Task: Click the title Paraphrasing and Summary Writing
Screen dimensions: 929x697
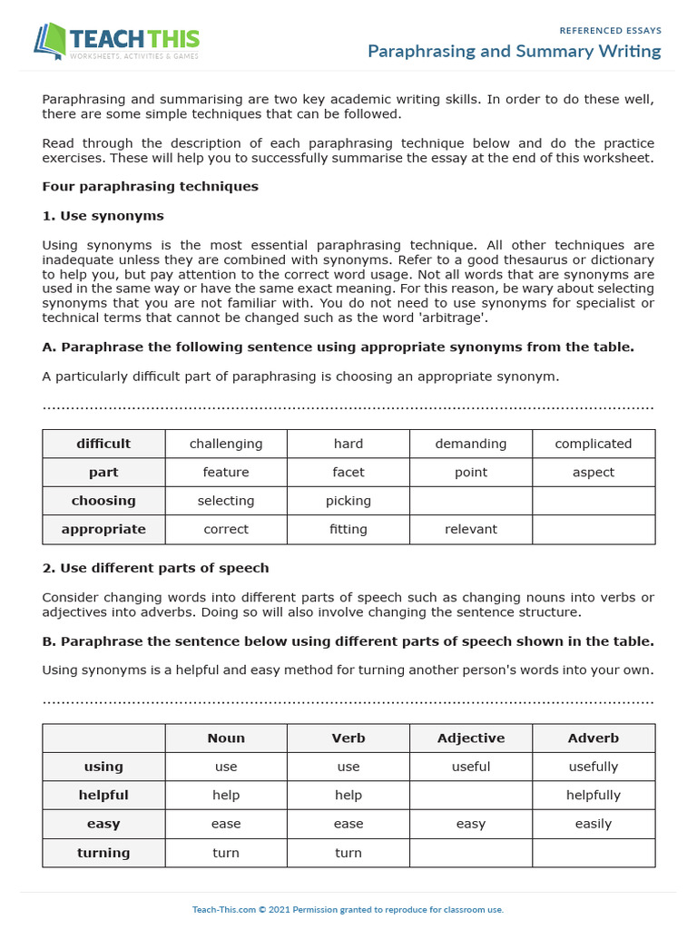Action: point(514,51)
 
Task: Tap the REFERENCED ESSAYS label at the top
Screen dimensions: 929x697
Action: point(610,30)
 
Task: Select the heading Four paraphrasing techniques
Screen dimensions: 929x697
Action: point(150,186)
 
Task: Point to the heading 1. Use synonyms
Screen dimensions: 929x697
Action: point(103,216)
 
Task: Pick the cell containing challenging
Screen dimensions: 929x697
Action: point(226,444)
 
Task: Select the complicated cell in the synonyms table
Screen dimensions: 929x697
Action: point(593,444)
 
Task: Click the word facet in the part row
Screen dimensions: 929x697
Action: point(348,473)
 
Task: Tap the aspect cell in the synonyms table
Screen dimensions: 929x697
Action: point(593,473)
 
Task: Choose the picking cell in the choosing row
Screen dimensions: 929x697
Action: point(348,501)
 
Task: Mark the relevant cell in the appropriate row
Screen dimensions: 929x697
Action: point(470,529)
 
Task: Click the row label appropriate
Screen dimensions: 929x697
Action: point(103,529)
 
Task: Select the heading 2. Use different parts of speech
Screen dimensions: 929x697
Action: point(155,568)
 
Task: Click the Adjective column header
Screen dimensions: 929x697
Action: point(470,738)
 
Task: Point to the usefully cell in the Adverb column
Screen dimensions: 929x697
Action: point(593,767)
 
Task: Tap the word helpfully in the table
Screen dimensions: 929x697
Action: point(593,795)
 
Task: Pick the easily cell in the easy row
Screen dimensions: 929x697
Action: point(593,824)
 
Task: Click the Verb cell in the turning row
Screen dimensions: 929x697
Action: point(348,853)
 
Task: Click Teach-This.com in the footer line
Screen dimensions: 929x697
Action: point(223,909)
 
